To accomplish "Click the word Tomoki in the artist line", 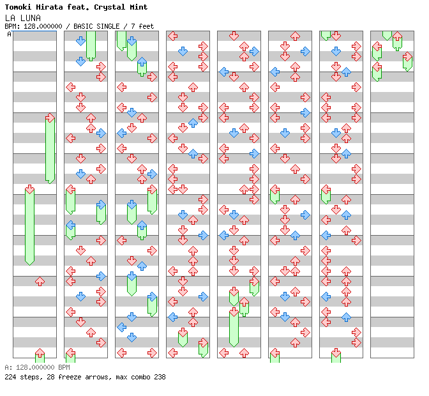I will click(18, 7).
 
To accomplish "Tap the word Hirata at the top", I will click(54, 7).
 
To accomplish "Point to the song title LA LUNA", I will click(22, 17).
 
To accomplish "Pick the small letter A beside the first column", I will click(10, 34).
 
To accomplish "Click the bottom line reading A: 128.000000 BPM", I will click(37, 368).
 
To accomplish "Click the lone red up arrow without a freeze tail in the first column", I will click(40, 281).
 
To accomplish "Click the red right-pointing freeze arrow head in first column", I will click(50, 118).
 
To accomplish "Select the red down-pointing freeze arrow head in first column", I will click(29, 189).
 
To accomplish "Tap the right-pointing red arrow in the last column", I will click(407, 56).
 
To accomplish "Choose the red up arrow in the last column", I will click(397, 36).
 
